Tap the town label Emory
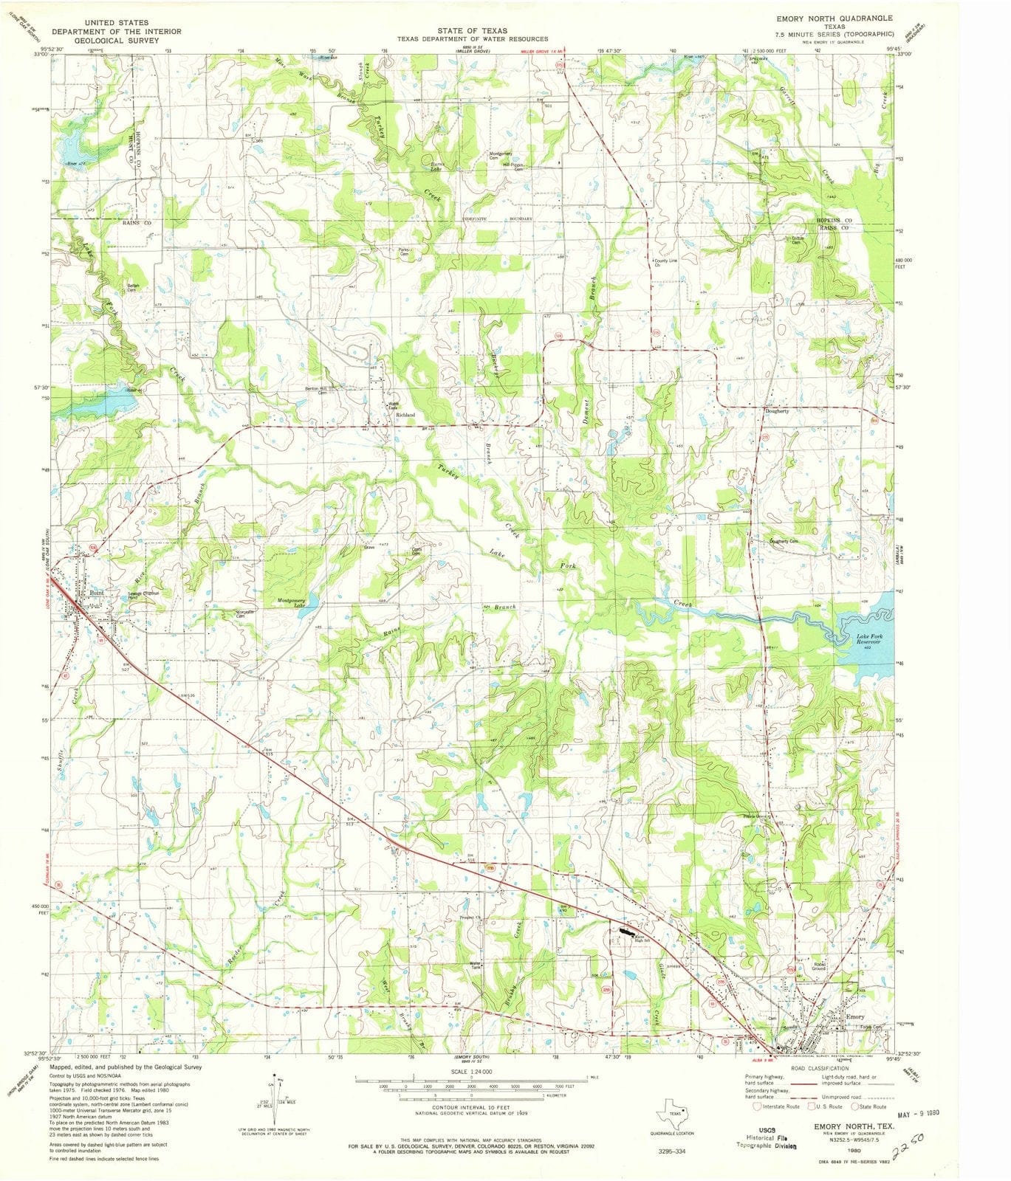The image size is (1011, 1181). coord(854,1016)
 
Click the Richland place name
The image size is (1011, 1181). coord(405,415)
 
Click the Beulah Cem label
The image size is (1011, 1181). coord(133,287)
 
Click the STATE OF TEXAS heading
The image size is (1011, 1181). coord(472,30)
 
